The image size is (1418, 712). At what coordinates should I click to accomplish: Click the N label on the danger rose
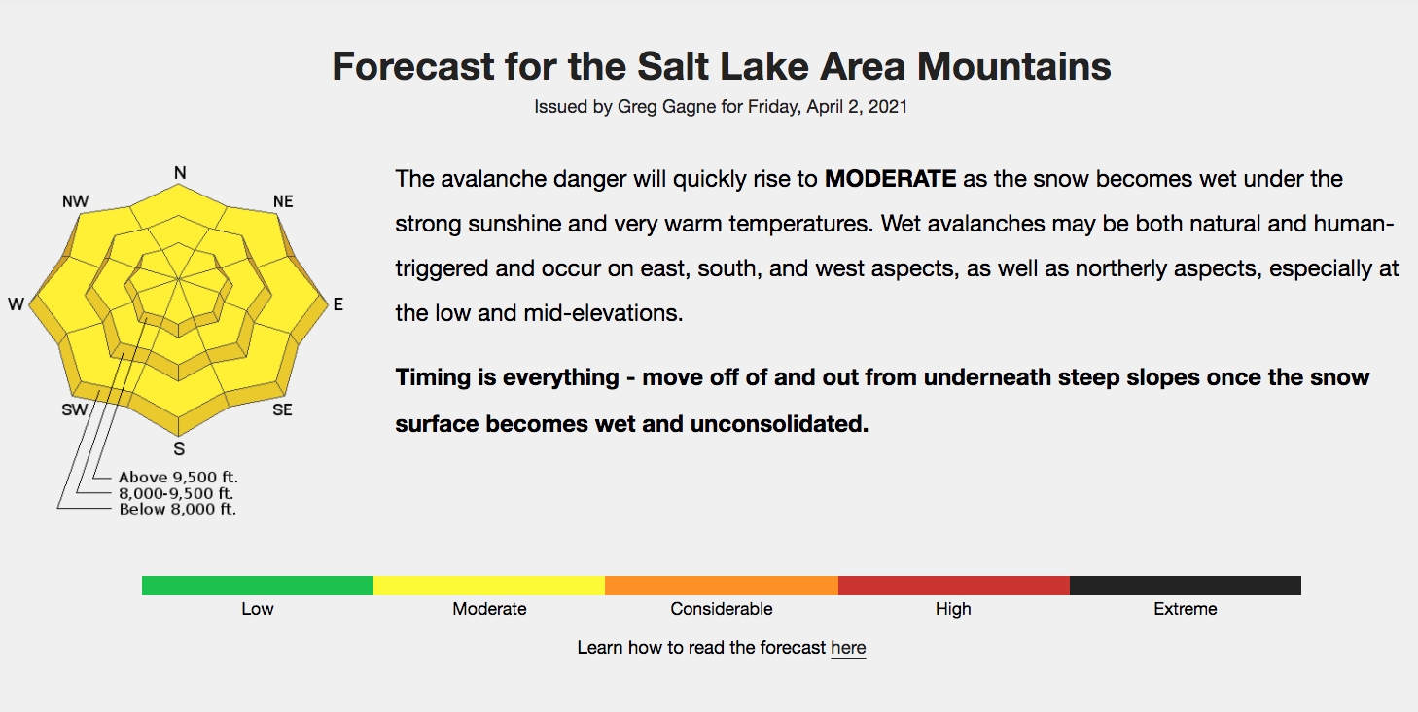coord(180,173)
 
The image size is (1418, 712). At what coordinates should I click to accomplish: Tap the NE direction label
coord(283,201)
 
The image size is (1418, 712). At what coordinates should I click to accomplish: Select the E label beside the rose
coord(338,304)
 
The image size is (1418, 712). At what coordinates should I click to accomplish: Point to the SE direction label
coord(282,410)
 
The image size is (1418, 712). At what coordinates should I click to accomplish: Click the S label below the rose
coord(179,448)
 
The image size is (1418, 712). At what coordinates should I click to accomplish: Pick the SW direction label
coord(75,410)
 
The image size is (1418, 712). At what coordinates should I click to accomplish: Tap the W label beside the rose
coord(16,304)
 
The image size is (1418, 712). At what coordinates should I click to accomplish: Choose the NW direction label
coord(75,201)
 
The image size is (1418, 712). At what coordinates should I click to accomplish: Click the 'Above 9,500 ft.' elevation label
coord(178,478)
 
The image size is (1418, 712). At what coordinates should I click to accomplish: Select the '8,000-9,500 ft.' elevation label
coord(176,493)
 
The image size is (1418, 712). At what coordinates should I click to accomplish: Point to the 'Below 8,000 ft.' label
coord(177,509)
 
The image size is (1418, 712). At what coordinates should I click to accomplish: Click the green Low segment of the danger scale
coord(258,586)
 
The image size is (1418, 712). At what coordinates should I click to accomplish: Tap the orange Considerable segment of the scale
coord(722,586)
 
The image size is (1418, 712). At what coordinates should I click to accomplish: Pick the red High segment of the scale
coord(954,586)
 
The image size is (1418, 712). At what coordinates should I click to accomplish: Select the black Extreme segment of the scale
coord(1186,586)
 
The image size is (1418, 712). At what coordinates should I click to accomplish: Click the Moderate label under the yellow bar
coord(489,609)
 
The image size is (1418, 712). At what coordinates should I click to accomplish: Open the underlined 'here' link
coord(848,648)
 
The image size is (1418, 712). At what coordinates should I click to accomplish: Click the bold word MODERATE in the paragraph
coord(890,179)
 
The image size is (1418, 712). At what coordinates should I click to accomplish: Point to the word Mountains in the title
coord(1014,66)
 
